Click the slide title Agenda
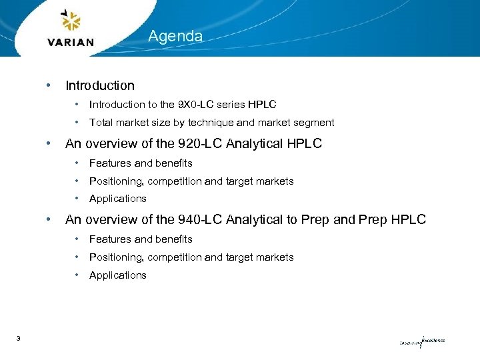coord(175,36)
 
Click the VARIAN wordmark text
coord(71,42)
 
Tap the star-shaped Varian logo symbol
coord(70,21)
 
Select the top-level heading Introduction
coord(99,85)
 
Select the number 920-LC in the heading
coord(201,144)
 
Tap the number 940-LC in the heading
coord(201,219)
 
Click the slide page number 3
coord(18,339)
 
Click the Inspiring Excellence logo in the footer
coord(421,341)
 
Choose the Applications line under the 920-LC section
coord(117,199)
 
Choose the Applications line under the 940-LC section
coord(117,275)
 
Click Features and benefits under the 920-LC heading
coord(140,163)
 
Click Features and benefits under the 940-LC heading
coord(140,239)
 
